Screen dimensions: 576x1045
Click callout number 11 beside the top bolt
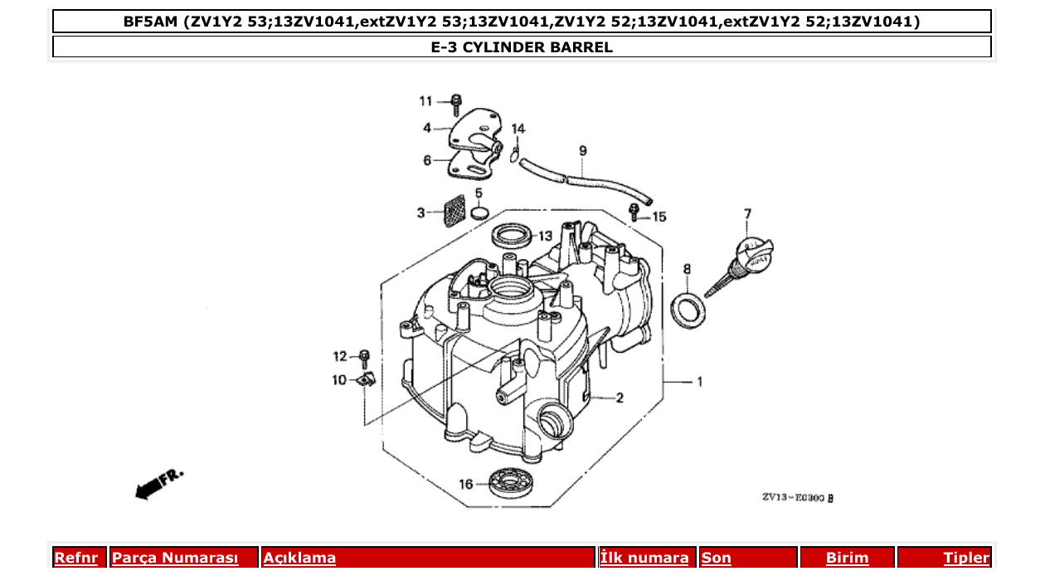pos(425,101)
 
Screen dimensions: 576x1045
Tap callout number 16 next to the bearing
pos(466,484)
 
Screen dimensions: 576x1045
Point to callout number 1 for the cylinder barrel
pos(699,383)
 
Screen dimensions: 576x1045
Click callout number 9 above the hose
pos(582,151)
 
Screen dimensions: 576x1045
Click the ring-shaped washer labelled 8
pos(688,310)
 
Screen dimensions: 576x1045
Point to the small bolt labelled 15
pos(636,212)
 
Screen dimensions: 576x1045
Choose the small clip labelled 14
pos(516,153)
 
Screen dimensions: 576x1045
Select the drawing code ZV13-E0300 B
pos(797,498)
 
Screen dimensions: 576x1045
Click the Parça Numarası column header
pos(175,558)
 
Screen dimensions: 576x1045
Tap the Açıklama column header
pos(299,558)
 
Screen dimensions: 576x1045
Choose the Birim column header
pos(847,558)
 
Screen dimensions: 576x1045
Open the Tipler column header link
pos(965,558)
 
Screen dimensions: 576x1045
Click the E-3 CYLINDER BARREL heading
pos(522,47)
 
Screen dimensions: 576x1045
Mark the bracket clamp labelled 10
pos(365,380)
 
